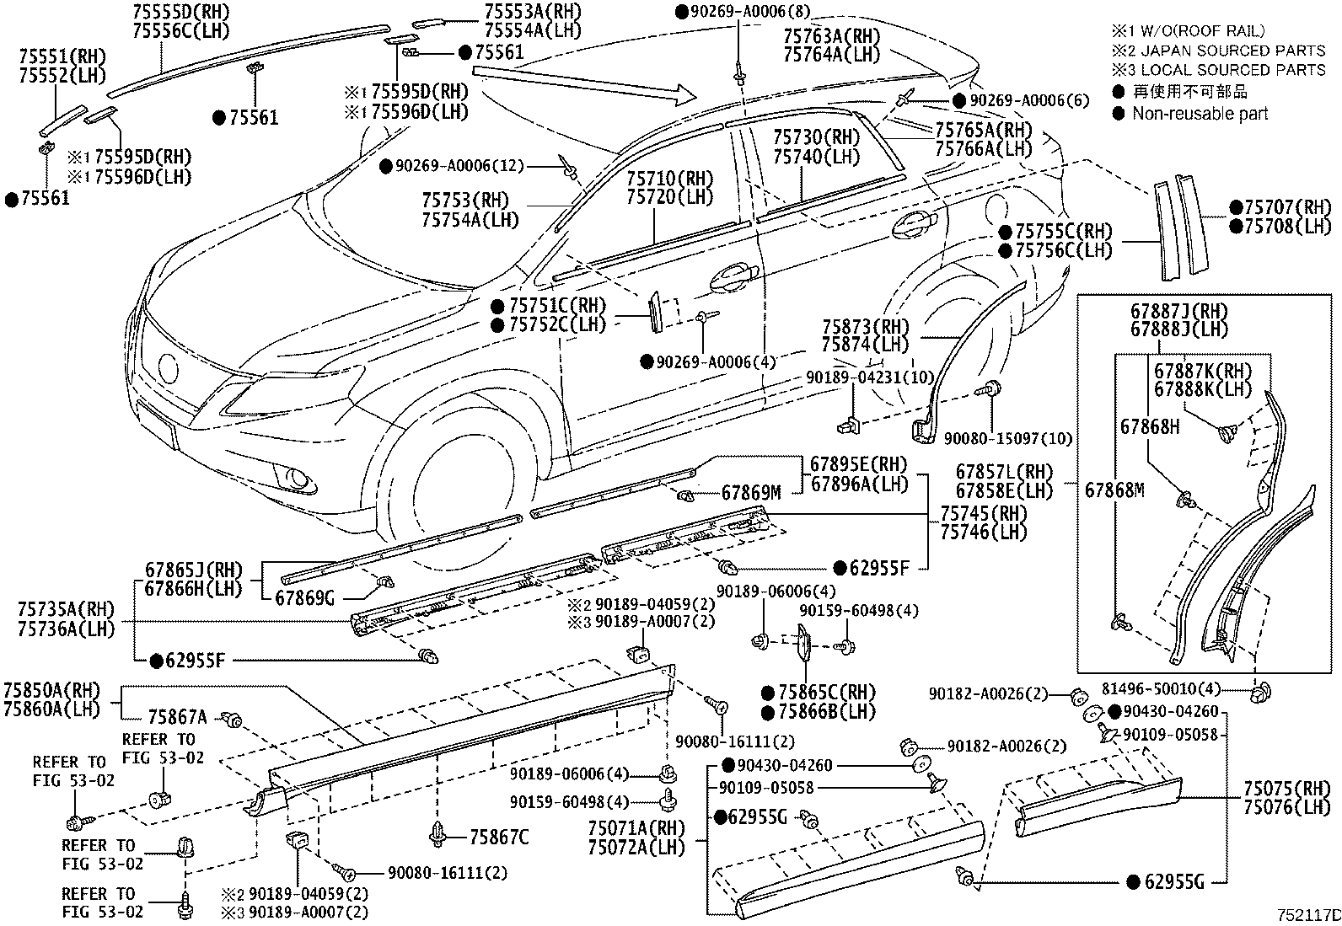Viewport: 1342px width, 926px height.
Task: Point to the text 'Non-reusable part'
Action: tap(1200, 114)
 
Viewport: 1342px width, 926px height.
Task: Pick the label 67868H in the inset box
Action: tap(1150, 427)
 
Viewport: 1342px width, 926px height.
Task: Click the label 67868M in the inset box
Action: tap(1114, 490)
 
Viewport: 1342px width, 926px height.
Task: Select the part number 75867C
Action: tap(499, 837)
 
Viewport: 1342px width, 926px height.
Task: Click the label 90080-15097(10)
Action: tap(1007, 439)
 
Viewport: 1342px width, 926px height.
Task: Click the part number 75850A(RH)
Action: tap(51, 690)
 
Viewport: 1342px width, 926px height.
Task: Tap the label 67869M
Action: tap(751, 493)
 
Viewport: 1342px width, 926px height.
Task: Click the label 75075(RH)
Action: tap(1286, 790)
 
